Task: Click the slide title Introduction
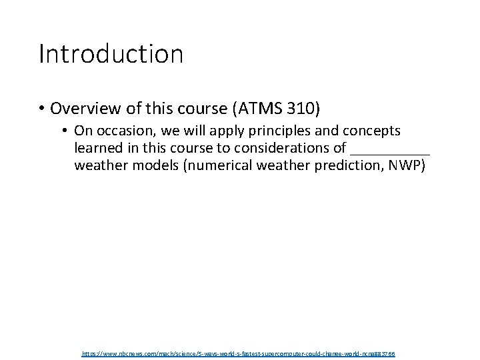tap(111, 54)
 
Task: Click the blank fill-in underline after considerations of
tap(390, 153)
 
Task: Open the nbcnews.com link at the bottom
tap(238, 353)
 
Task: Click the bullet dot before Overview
tap(42, 109)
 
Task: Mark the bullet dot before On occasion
tap(67, 131)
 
